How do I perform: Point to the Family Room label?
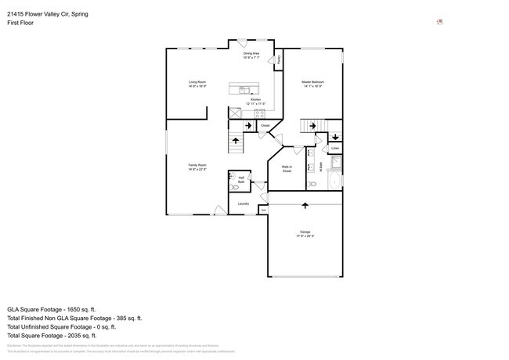pyautogui.click(x=197, y=165)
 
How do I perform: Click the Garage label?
pyautogui.click(x=305, y=232)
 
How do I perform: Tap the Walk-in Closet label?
pyautogui.click(x=286, y=168)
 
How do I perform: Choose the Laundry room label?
pyautogui.click(x=244, y=204)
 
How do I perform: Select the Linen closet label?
pyautogui.click(x=334, y=147)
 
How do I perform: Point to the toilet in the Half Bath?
pyautogui.click(x=235, y=188)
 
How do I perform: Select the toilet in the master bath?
pyautogui.click(x=312, y=184)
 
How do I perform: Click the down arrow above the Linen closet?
pyautogui.click(x=334, y=137)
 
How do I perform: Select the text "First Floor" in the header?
pyautogui.click(x=20, y=23)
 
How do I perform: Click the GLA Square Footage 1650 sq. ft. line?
pyautogui.click(x=63, y=309)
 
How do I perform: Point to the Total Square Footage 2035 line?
pyautogui.click(x=63, y=335)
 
